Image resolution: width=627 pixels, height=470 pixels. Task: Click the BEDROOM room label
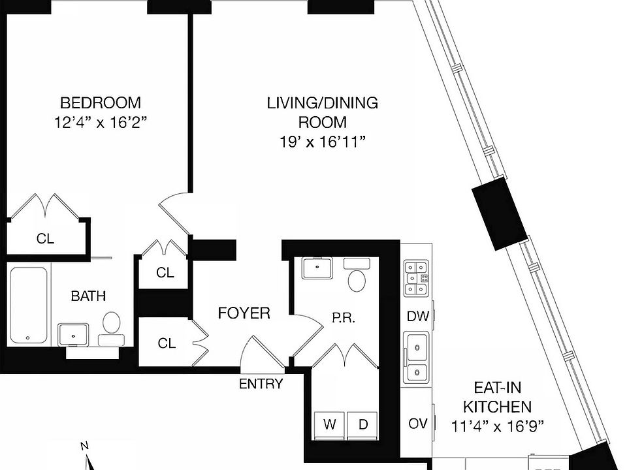100,102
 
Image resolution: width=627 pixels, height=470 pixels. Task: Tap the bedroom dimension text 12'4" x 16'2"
100,122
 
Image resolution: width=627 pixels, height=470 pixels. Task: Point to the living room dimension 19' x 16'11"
321,142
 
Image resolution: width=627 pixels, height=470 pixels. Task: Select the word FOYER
244,313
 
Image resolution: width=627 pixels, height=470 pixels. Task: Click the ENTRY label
261,384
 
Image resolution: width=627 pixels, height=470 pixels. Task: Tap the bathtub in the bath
29,304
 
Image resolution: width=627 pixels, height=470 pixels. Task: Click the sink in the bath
73,334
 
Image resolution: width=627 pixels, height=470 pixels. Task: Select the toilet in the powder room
357,277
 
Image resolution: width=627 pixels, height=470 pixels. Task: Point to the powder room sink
317,267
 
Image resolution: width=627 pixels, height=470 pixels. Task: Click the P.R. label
343,319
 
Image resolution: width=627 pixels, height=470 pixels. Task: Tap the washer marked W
330,424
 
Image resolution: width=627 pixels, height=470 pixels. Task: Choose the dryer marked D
362,424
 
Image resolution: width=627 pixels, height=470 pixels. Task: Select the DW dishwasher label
417,317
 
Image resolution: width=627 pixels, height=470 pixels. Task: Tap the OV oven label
417,424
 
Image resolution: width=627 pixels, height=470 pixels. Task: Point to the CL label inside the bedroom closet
45,239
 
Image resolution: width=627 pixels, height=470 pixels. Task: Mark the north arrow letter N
84,446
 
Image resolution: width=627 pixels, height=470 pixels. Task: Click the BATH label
88,296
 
